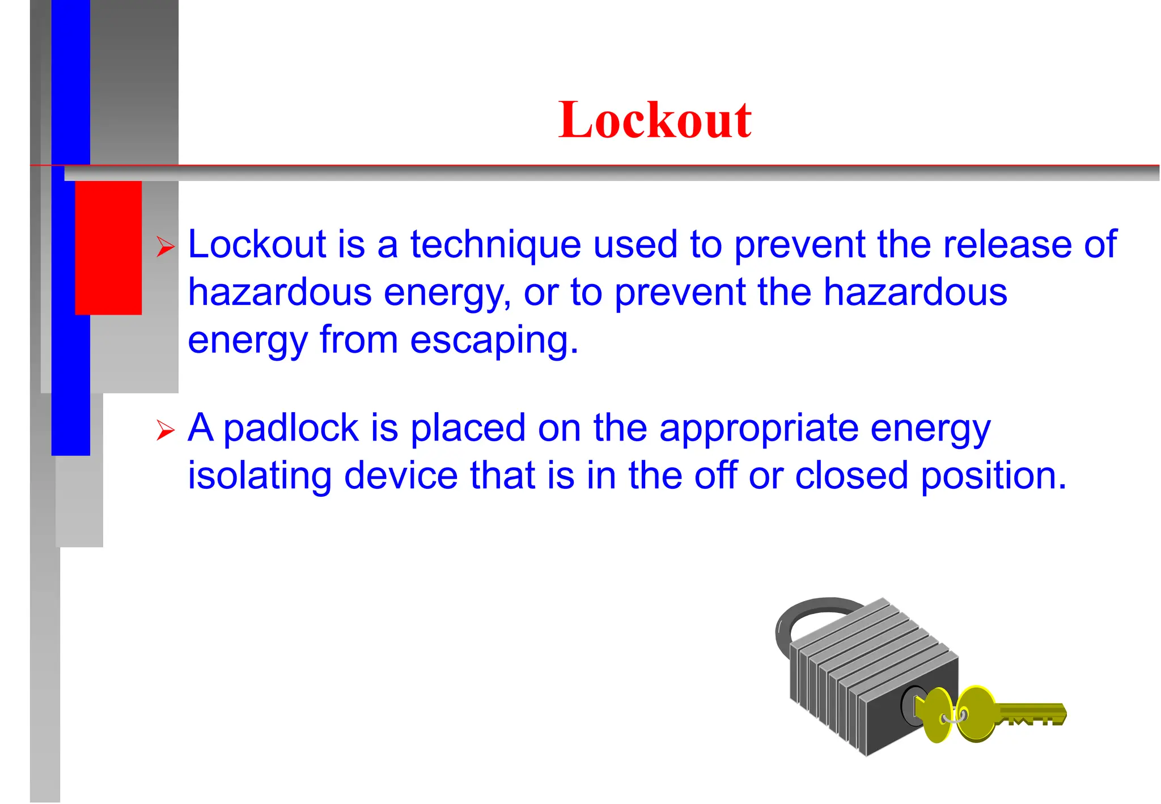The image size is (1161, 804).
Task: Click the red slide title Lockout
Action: pyautogui.click(x=655, y=120)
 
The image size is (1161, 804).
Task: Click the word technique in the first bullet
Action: pyautogui.click(x=495, y=245)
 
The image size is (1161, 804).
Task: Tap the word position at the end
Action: pyautogui.click(x=993, y=476)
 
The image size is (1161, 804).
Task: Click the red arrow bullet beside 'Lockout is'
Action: pyautogui.click(x=166, y=247)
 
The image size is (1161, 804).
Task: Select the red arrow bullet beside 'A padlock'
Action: pyautogui.click(x=166, y=430)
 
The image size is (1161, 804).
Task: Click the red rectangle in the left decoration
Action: pyautogui.click(x=108, y=247)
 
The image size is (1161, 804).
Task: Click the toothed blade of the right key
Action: pyautogui.click(x=1032, y=714)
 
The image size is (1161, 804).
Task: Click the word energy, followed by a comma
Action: pyautogui.click(x=447, y=293)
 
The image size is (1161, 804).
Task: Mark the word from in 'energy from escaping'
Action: pyautogui.click(x=358, y=340)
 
